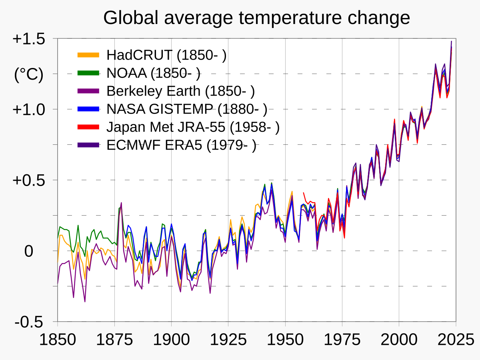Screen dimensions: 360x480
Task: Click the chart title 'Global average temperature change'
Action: (x=256, y=18)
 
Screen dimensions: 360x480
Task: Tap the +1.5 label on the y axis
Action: (x=28, y=39)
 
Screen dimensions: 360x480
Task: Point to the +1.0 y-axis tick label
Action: (x=28, y=109)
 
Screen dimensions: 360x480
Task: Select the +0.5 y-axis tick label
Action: (x=28, y=180)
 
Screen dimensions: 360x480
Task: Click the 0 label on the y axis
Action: (x=28, y=251)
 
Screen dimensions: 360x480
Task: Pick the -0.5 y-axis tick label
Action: (x=29, y=322)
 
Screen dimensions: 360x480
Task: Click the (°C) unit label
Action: (x=28, y=74)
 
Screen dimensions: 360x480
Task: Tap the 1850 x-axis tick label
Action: (x=58, y=340)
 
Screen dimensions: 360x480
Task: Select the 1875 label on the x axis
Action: (x=114, y=340)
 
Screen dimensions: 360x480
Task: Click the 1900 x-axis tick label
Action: (x=171, y=340)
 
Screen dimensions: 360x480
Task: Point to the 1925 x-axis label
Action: (x=228, y=340)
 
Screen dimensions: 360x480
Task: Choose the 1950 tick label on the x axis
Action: (x=285, y=340)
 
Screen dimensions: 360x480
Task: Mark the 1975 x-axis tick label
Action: (x=342, y=340)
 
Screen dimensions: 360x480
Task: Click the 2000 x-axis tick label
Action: (x=399, y=340)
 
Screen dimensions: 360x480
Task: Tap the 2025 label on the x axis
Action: (x=455, y=340)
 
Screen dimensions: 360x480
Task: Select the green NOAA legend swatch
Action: (x=88, y=73)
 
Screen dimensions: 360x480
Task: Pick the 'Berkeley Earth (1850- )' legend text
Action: (x=180, y=91)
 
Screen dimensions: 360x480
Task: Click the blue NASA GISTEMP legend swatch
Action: (x=88, y=109)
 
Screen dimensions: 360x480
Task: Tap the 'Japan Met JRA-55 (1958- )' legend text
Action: (x=193, y=127)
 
